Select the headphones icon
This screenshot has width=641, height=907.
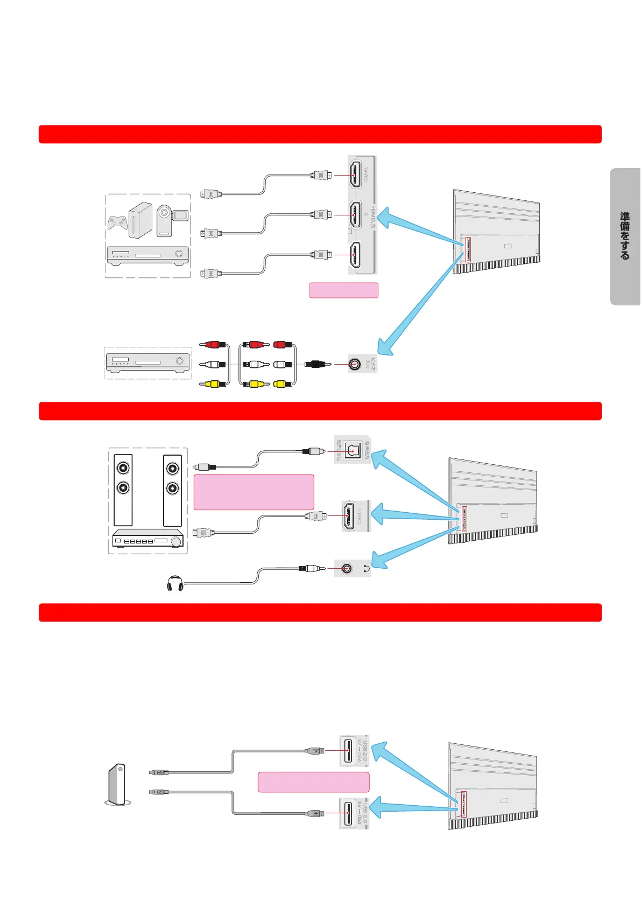click(175, 584)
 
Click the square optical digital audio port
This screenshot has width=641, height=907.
click(353, 450)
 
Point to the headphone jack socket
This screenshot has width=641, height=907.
click(347, 568)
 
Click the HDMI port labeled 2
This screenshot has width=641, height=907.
click(355, 214)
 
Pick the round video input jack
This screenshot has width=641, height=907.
click(354, 365)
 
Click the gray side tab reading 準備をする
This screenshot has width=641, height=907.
click(625, 236)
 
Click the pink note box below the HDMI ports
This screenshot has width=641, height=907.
click(343, 290)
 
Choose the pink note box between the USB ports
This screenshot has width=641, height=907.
click(313, 782)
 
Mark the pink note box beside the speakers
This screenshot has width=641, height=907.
click(253, 492)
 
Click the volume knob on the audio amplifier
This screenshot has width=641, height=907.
click(175, 541)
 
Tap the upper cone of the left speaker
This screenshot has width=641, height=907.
click(124, 468)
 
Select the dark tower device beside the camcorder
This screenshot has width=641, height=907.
click(140, 220)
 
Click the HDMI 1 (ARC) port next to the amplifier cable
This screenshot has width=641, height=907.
click(349, 515)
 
